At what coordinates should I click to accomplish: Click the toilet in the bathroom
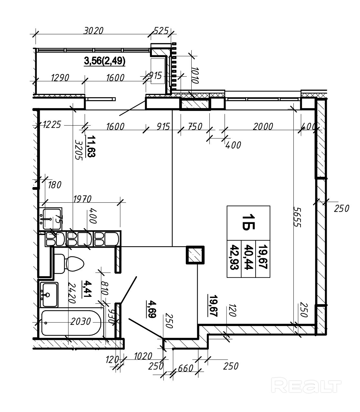[71, 264]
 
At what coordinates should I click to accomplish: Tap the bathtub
[71, 323]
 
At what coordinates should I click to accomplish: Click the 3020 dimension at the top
[93, 31]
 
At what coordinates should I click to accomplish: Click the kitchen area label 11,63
[91, 146]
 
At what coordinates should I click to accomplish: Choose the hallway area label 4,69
[151, 309]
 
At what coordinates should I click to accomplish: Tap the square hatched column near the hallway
[195, 255]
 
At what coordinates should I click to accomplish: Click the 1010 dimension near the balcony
[195, 75]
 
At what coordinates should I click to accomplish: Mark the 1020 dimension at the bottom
[143, 356]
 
